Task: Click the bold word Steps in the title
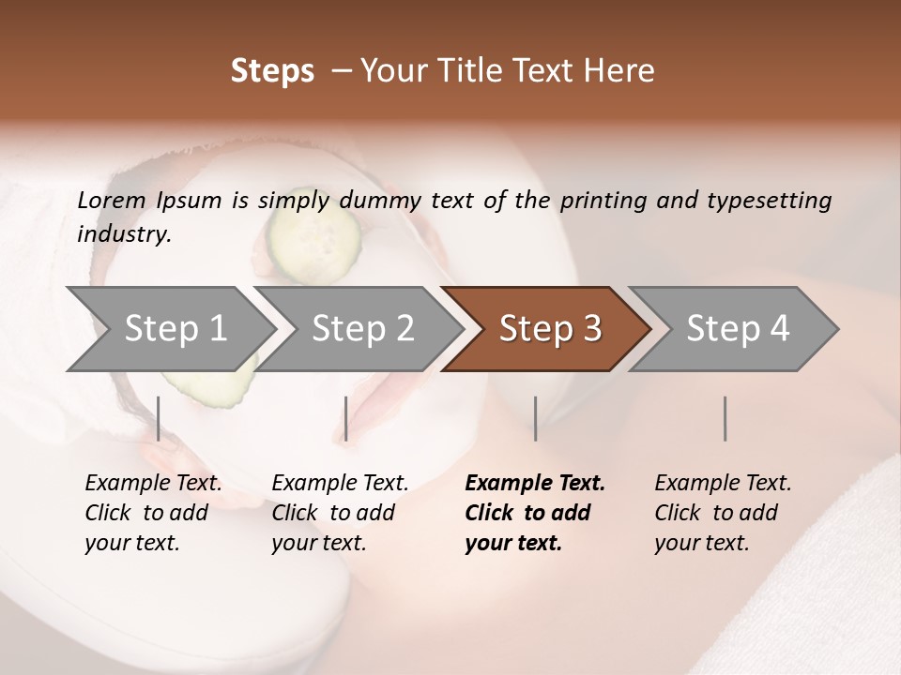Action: [x=272, y=71]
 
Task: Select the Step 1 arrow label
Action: [x=176, y=328]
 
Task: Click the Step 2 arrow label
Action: [x=362, y=328]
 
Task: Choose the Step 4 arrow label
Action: [x=738, y=328]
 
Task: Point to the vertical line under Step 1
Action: [x=159, y=418]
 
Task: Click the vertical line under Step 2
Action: [x=346, y=418]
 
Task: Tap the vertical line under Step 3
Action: [x=536, y=418]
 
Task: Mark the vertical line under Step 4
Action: [x=725, y=418]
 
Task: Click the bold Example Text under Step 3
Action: [x=535, y=483]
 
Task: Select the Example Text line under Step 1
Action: [x=153, y=483]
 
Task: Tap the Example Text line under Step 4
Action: [x=723, y=483]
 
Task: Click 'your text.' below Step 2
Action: [x=318, y=543]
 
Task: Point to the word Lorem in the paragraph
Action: [x=112, y=200]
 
